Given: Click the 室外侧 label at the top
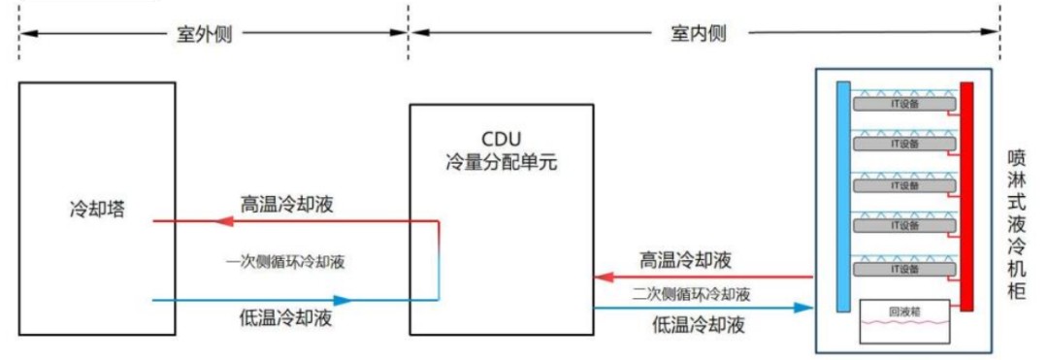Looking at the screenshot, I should coord(204,33).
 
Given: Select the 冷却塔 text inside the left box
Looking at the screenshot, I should coord(97,209).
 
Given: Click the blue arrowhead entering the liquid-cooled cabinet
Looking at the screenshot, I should coord(802,308).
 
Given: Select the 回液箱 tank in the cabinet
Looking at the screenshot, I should coord(902,318).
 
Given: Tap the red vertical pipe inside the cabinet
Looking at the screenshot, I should coord(966,194).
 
